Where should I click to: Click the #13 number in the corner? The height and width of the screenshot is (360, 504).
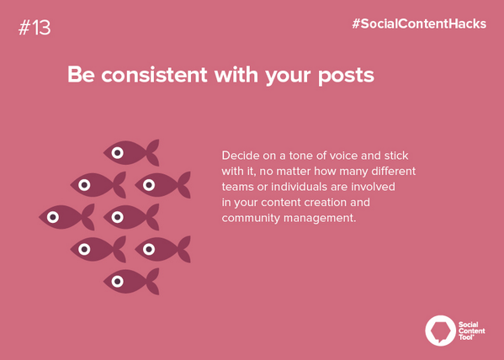[x=33, y=27]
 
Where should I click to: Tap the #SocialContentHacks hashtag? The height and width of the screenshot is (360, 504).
[x=419, y=24]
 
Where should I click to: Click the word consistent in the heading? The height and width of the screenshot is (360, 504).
[x=162, y=76]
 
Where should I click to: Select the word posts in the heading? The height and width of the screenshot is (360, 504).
[x=343, y=76]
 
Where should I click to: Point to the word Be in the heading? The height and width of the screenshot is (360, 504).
[x=81, y=76]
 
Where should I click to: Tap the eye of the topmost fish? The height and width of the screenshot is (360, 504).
[x=118, y=152]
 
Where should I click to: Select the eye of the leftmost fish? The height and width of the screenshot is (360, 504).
[x=53, y=216]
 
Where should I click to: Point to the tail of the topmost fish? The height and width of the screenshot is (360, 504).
[x=152, y=152]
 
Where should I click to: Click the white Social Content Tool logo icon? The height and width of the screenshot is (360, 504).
[x=439, y=329]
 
